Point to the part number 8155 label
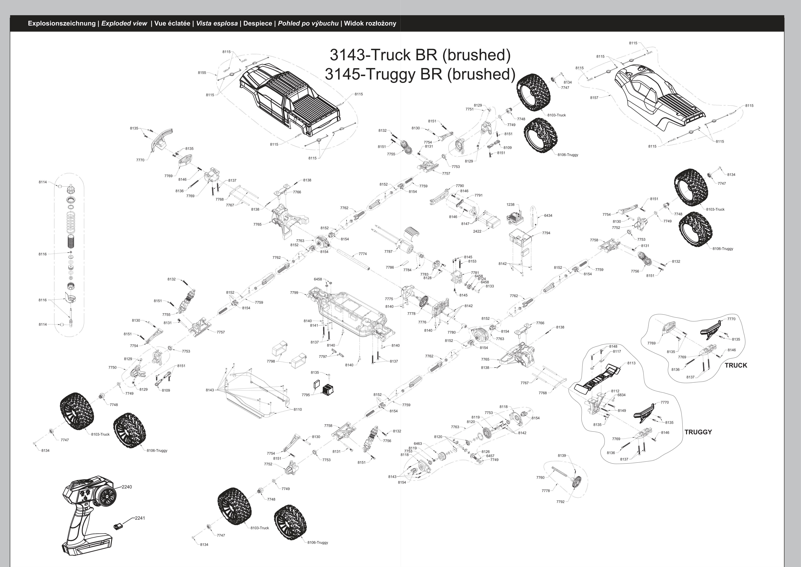click(202, 73)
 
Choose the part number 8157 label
click(594, 98)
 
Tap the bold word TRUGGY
click(698, 432)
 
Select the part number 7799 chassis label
click(294, 293)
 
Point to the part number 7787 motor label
click(388, 251)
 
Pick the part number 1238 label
click(510, 205)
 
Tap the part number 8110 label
click(298, 409)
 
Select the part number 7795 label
click(306, 395)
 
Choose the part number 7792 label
click(560, 502)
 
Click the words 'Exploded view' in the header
click(124, 23)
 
